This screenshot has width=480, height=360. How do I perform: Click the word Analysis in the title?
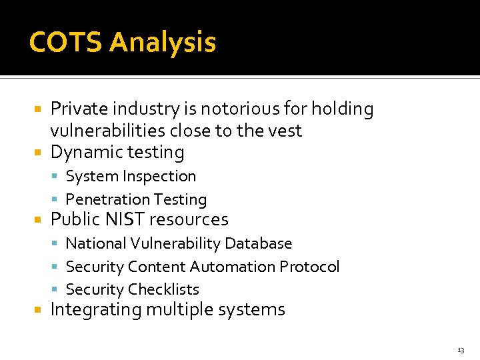(x=163, y=43)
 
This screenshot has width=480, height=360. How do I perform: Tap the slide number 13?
(x=461, y=350)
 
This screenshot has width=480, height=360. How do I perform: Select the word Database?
(x=258, y=244)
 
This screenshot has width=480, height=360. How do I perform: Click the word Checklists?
(x=163, y=289)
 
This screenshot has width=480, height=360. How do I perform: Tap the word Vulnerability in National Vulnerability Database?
(x=175, y=244)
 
